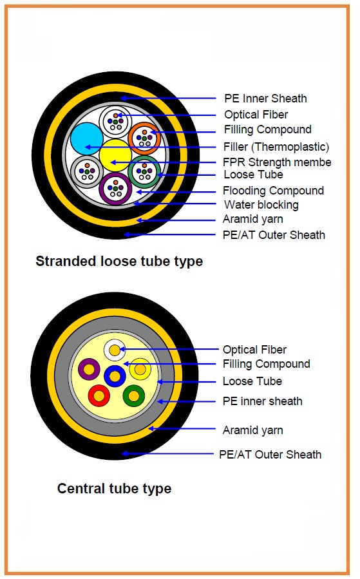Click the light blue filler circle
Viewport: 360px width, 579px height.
(x=86, y=139)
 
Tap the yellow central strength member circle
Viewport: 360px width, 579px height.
(x=115, y=155)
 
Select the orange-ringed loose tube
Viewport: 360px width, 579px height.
(x=144, y=138)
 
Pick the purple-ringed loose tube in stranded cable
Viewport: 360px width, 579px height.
(x=116, y=188)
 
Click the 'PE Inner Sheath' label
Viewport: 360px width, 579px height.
(x=265, y=99)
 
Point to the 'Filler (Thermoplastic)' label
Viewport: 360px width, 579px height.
(x=276, y=147)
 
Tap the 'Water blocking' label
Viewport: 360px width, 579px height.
(x=261, y=205)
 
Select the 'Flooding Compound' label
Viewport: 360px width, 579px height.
(x=273, y=191)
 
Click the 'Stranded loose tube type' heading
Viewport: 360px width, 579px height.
(x=119, y=261)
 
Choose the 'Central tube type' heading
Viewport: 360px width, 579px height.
(x=114, y=489)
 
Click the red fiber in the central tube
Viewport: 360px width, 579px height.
(x=99, y=395)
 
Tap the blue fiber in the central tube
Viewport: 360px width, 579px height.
(x=115, y=376)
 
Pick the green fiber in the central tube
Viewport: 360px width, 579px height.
(x=134, y=396)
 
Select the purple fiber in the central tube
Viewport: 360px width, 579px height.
(x=89, y=369)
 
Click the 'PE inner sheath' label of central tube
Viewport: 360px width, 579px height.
(x=263, y=401)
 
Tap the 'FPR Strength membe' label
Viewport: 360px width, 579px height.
(x=277, y=162)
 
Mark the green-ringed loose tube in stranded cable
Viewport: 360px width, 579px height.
(x=144, y=172)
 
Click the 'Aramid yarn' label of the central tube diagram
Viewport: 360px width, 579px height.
(x=253, y=430)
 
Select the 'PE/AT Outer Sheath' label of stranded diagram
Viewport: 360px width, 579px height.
(x=274, y=235)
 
